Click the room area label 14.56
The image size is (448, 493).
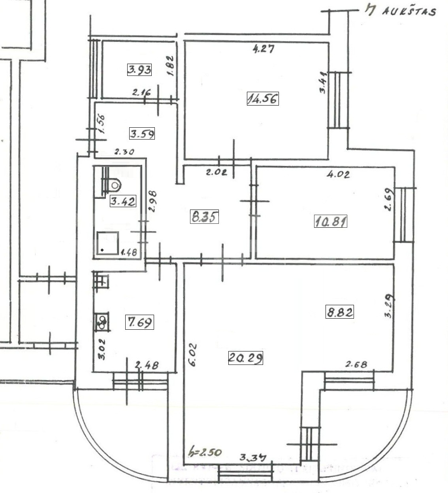[263, 98]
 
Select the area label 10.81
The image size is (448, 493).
[331, 221]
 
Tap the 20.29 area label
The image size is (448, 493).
[245, 358]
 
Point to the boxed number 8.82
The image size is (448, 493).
[339, 312]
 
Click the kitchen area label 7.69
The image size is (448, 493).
[139, 322]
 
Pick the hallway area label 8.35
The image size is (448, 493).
[204, 217]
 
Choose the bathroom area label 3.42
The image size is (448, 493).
[123, 201]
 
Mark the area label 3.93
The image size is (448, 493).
[139, 70]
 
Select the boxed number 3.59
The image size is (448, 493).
[142, 134]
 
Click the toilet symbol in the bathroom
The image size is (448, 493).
[115, 184]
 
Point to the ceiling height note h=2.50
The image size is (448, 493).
[205, 451]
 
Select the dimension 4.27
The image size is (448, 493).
[263, 49]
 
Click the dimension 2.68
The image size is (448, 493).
[356, 364]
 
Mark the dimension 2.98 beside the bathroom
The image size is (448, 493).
[153, 202]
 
